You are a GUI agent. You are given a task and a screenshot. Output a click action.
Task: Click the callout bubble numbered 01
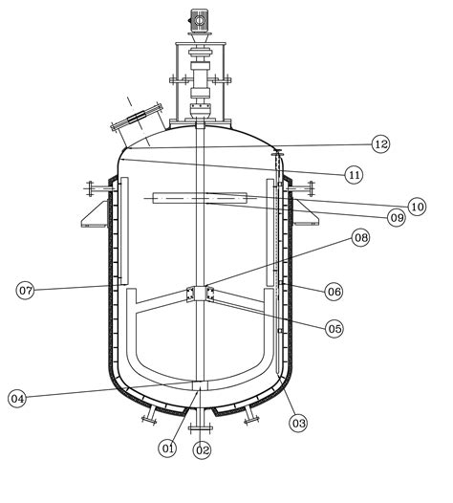[168, 447]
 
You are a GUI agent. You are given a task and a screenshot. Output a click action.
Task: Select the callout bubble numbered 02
[202, 448]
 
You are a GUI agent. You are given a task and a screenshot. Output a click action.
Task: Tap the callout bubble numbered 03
[298, 422]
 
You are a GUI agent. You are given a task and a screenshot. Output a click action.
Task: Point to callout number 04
[17, 397]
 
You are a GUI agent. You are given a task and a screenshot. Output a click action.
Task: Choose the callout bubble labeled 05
[334, 328]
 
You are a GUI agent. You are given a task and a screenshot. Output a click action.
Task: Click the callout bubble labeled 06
[334, 290]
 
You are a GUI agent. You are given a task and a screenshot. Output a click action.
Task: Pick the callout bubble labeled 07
[26, 289]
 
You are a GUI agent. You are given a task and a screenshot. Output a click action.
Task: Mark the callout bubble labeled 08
[360, 238]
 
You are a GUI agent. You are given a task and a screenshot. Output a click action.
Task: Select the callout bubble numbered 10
[416, 206]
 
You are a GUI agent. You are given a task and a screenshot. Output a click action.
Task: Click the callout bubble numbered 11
[355, 174]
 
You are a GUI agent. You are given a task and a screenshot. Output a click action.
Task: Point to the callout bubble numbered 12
[381, 144]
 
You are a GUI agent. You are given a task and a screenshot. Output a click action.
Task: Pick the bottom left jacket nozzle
[150, 413]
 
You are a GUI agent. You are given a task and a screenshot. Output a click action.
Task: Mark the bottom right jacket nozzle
[252, 413]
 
